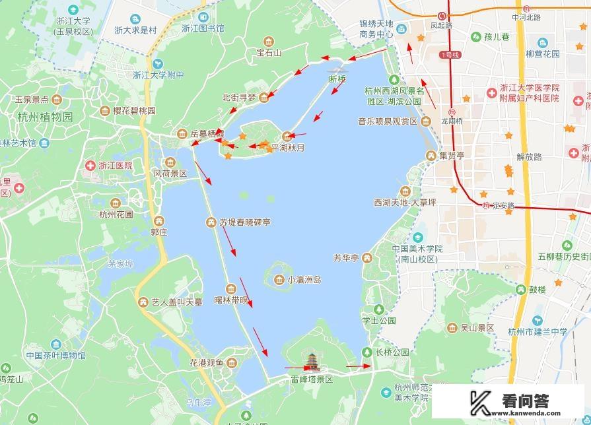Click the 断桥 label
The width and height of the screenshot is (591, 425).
click(337, 79)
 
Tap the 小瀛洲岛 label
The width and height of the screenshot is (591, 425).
click(304, 280)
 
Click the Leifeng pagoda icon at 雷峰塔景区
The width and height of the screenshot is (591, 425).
click(311, 362)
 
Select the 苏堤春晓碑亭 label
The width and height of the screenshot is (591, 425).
click(245, 223)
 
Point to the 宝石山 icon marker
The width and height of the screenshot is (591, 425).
click(269, 41)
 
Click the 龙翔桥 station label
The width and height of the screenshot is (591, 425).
click(452, 121)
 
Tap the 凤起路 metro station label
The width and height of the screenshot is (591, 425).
click(441, 25)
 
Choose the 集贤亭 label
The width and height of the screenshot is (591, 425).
click(452, 156)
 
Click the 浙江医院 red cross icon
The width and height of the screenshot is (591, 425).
click(89, 166)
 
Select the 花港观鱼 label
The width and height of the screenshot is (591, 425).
click(207, 363)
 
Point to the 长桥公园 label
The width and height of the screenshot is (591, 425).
click(392, 352)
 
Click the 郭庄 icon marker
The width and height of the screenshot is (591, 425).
click(158, 221)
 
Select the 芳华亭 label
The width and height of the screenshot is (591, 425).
click(345, 257)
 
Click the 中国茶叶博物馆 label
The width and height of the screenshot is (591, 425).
click(55, 356)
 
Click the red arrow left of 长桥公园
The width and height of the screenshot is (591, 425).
click(358, 365)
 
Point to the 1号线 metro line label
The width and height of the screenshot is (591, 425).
click(450, 55)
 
